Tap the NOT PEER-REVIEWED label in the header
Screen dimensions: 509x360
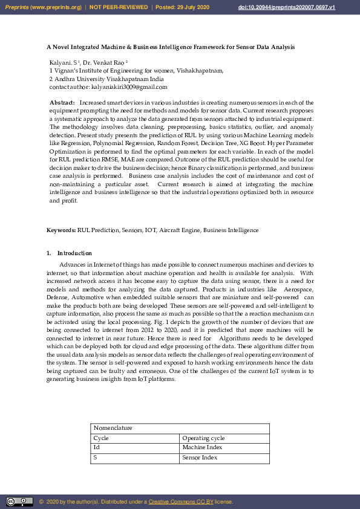(x=119, y=7)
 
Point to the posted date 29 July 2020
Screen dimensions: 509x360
(x=193, y=7)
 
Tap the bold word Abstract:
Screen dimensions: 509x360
(x=62, y=103)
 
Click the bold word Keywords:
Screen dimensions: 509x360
(x=61, y=230)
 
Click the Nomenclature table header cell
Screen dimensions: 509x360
(x=113, y=427)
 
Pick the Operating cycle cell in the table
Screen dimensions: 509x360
(x=203, y=438)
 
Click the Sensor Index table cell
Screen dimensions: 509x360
(x=200, y=458)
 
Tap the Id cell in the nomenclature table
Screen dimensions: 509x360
(x=96, y=447)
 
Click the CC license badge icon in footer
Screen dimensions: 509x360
(x=19, y=502)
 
